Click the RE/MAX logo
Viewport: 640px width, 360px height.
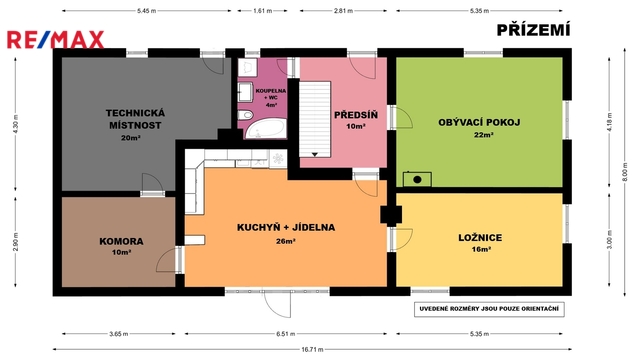(56, 40)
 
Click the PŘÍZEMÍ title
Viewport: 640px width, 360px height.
(533, 30)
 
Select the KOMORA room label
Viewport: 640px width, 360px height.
(121, 241)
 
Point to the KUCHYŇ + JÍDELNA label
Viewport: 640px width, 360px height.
(286, 227)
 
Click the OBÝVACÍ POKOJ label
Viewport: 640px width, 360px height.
(479, 122)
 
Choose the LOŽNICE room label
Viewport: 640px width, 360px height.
(480, 238)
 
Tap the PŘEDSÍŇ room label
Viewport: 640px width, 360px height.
(356, 115)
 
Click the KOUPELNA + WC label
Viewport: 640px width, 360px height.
(271, 94)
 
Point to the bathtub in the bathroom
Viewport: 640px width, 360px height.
(264, 129)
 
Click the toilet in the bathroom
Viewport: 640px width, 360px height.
(246, 115)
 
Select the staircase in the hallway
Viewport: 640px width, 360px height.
(315, 119)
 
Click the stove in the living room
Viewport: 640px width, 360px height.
(417, 179)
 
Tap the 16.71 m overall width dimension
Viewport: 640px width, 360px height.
(312, 349)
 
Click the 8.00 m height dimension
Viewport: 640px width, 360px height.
(625, 172)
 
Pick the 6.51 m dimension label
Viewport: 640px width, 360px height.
(286, 334)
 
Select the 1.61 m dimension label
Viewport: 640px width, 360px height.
(262, 11)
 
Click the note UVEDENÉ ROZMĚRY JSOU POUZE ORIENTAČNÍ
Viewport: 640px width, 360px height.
(489, 309)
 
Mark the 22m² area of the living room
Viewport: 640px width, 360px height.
(483, 135)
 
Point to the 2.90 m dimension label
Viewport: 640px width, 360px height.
(16, 242)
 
